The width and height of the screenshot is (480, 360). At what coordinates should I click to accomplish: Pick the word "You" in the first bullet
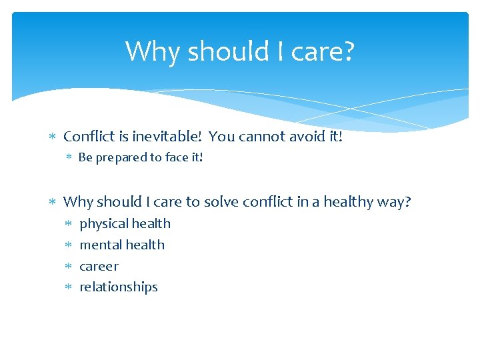click(221, 137)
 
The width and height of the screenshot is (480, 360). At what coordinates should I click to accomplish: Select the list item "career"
click(99, 267)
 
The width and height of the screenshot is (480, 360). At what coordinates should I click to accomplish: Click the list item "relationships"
click(119, 287)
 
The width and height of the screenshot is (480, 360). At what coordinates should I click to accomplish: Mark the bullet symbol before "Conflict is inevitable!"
click(53, 137)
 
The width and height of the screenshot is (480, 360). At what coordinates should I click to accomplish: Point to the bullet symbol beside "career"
click(69, 267)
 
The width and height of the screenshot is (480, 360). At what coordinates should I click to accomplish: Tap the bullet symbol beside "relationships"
click(69, 287)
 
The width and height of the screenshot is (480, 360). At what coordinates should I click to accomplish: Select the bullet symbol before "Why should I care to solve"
click(53, 202)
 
